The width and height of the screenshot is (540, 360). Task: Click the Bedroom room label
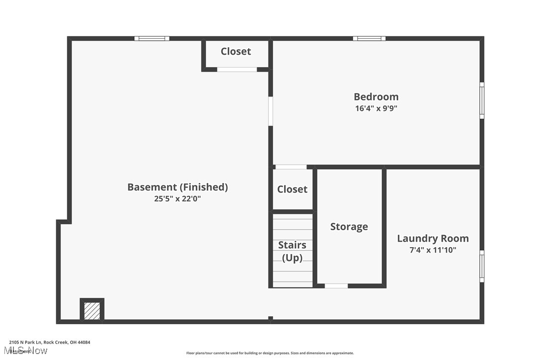(x=376, y=96)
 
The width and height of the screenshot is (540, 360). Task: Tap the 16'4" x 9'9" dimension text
(x=376, y=108)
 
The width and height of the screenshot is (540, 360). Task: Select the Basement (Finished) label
(x=178, y=187)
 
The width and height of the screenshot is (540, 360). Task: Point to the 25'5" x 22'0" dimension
(x=178, y=198)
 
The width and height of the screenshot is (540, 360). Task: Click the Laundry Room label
(x=433, y=238)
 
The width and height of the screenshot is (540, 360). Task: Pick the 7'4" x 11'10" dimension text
(x=433, y=250)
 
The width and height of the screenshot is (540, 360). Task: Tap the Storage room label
(x=349, y=226)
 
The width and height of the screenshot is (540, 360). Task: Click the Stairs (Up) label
(x=292, y=251)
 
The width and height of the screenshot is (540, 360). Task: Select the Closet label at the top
(x=236, y=51)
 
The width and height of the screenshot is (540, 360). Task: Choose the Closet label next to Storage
(x=292, y=189)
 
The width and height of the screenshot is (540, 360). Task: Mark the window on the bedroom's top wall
(x=369, y=38)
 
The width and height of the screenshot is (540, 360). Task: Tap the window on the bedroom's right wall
(x=481, y=100)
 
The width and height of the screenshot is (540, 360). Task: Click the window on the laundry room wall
(x=481, y=267)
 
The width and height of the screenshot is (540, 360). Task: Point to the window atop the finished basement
(x=152, y=38)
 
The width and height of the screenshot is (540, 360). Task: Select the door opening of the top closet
(x=237, y=70)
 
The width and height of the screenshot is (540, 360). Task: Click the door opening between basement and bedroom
(x=270, y=111)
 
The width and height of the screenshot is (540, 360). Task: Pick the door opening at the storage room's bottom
(x=336, y=286)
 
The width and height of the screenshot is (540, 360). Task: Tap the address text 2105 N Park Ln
(x=49, y=342)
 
